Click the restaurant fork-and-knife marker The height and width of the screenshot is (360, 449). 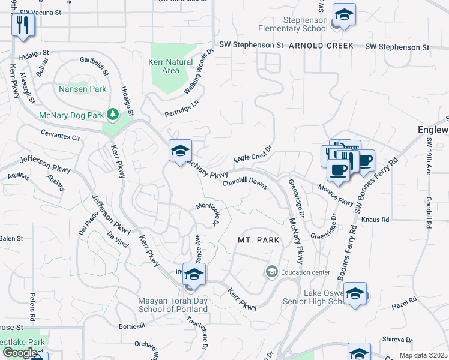[23, 25]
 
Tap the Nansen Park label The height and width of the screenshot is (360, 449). [83, 89]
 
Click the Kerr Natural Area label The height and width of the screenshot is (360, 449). [170, 66]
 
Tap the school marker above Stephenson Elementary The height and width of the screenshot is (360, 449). [344, 15]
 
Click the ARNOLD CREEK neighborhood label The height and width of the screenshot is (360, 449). [322, 46]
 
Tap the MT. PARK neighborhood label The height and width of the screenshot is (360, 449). [258, 240]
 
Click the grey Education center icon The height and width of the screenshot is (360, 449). [271, 272]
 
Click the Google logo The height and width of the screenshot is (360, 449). [20, 353]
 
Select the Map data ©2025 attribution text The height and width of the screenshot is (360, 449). [423, 355]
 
